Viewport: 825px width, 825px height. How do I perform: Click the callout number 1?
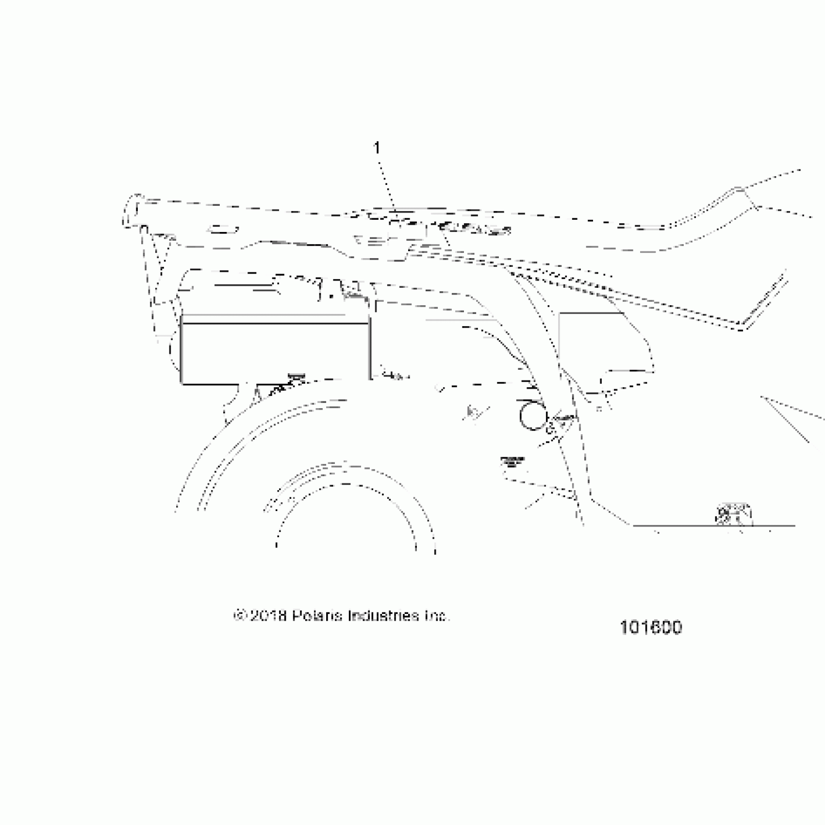[x=377, y=148]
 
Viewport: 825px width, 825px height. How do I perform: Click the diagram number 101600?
[x=650, y=627]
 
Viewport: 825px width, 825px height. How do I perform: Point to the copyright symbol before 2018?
[x=239, y=616]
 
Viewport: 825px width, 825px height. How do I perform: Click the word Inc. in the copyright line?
[x=437, y=616]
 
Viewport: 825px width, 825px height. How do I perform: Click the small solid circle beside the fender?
[x=533, y=416]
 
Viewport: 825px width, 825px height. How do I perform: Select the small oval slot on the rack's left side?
[x=222, y=229]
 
